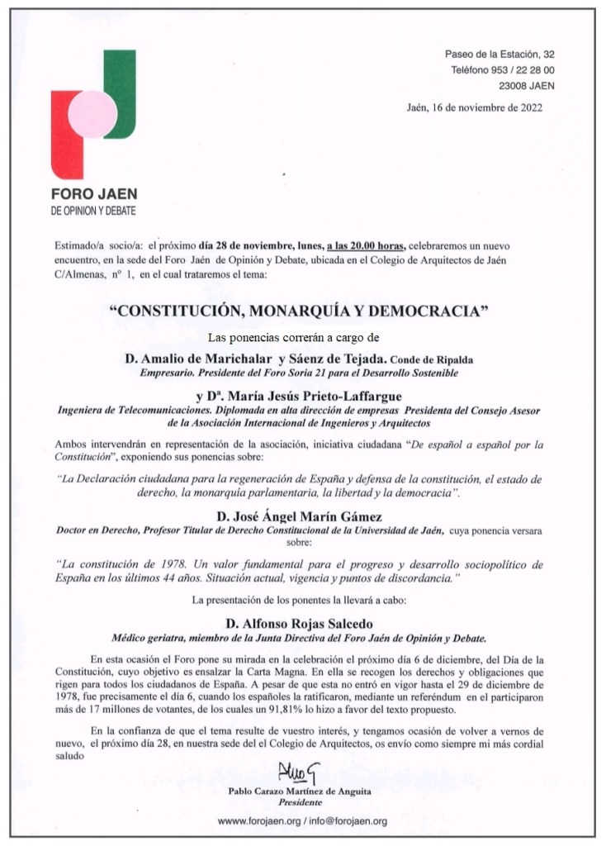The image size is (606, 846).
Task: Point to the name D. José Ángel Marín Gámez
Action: (x=302, y=516)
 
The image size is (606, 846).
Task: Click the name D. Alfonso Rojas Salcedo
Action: (x=302, y=625)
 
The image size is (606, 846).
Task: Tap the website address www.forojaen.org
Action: (x=258, y=822)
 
